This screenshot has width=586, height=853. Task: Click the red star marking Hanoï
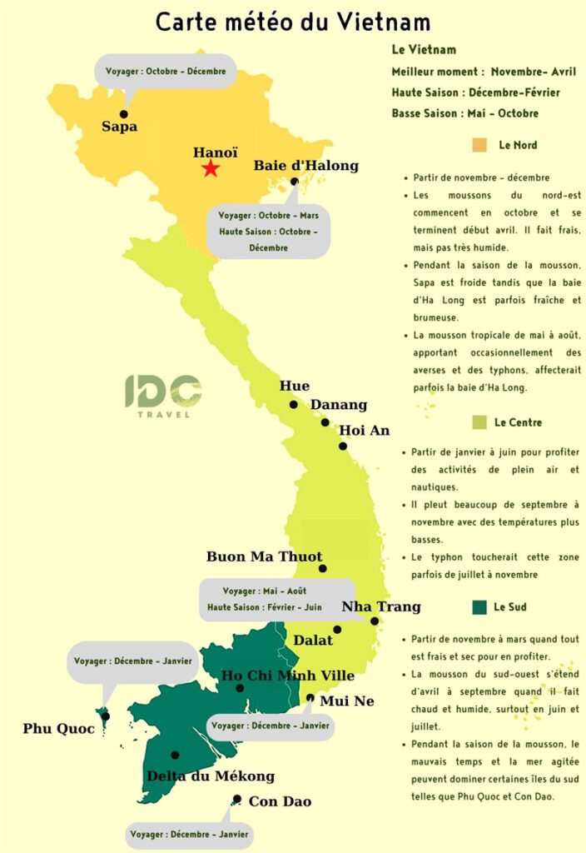[211, 169]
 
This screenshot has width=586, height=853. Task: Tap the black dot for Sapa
[124, 114]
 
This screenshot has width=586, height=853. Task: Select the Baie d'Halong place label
[305, 165]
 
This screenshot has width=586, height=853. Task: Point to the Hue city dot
[293, 405]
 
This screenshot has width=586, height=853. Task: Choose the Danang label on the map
[339, 405]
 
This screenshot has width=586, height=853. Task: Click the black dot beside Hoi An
[343, 446]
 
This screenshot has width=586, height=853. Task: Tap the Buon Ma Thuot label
[264, 556]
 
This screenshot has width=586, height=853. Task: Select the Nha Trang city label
[381, 606]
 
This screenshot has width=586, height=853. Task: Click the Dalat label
[313, 640]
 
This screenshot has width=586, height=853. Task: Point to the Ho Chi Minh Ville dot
[240, 688]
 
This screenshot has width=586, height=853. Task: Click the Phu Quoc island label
[58, 729]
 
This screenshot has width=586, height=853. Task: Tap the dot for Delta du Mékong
[175, 756]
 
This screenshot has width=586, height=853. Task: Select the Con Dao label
[280, 801]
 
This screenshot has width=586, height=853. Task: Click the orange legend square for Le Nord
[479, 146]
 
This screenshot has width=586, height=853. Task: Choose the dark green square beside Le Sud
[478, 607]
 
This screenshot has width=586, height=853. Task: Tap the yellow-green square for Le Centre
[479, 422]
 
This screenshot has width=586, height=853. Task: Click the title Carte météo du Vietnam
[293, 22]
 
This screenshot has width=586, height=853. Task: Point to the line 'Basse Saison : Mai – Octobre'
[464, 113]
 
